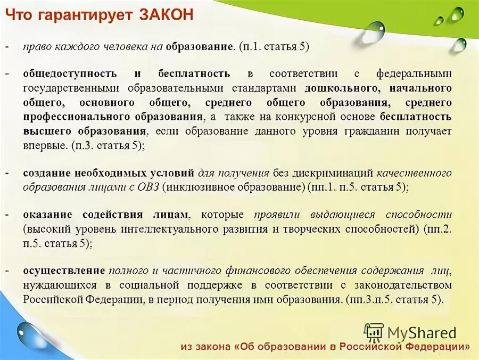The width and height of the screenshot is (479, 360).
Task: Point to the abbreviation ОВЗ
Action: coord(147,187)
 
